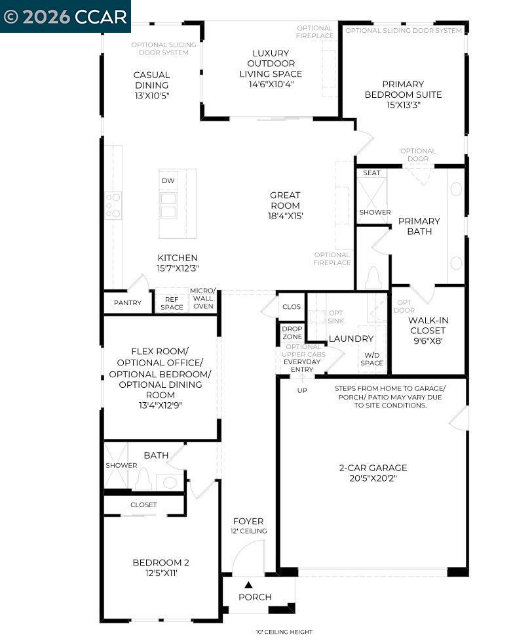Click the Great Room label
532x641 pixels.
tap(285, 200)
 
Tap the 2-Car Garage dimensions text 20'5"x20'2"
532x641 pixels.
tap(373, 478)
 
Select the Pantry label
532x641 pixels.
tap(128, 302)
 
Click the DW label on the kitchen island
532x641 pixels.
tap(168, 180)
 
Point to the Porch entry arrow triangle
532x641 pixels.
tap(248, 585)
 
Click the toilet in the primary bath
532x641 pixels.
tap(372, 278)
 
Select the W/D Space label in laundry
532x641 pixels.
tap(371, 359)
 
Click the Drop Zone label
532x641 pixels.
tap(292, 333)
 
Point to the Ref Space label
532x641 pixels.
tap(172, 303)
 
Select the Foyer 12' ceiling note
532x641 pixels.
tap(248, 531)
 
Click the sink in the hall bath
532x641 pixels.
tap(170, 482)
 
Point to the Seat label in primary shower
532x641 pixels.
tap(371, 173)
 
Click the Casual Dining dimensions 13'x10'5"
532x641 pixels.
tap(151, 95)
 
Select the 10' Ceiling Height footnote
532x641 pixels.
tap(284, 632)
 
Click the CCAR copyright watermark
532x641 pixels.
tap(65, 16)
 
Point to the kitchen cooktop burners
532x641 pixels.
tap(113, 205)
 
